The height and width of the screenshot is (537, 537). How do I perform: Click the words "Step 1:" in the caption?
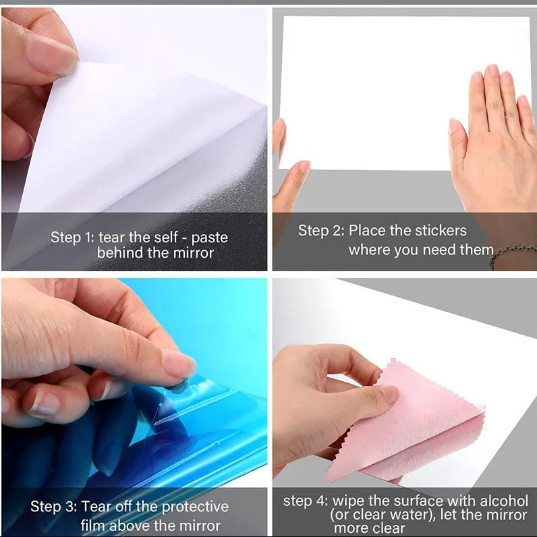tap(72, 237)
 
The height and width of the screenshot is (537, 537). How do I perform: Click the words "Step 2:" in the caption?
tap(320, 231)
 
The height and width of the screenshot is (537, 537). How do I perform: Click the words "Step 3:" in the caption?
tap(53, 507)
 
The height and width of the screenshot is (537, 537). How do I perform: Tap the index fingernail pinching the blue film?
tap(177, 364)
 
